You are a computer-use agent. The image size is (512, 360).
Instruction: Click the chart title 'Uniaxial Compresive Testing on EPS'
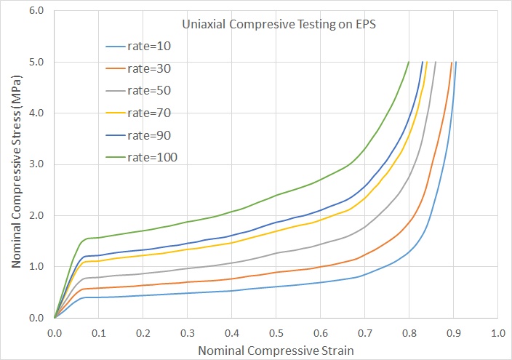point(279,25)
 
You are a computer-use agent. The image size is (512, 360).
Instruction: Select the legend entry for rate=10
point(138,47)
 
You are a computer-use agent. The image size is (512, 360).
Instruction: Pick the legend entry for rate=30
point(138,68)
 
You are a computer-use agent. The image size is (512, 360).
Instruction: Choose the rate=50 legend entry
point(138,90)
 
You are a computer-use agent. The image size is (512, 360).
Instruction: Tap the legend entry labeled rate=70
point(138,113)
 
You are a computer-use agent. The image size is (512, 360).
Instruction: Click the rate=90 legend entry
point(138,135)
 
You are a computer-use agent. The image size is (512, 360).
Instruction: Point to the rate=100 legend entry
point(141,158)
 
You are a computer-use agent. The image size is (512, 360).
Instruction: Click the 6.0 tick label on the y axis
point(36,10)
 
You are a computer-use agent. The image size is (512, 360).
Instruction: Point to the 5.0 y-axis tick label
point(36,62)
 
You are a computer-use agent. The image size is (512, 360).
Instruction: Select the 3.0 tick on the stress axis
point(36,164)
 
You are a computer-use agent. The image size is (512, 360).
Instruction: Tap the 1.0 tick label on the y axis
point(36,267)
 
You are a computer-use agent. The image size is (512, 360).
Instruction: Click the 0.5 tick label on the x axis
point(276,333)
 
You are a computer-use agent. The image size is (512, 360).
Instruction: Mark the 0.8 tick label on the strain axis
point(409,333)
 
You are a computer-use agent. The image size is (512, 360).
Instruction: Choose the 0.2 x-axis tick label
point(143,333)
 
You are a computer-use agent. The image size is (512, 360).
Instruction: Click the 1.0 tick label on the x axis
point(498,333)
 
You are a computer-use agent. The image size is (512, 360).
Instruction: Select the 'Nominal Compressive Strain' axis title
point(276,351)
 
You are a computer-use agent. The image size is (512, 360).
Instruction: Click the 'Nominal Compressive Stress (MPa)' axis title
point(16,172)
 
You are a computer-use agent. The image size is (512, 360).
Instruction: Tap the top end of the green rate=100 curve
point(409,62)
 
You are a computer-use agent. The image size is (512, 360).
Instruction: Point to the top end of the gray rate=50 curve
point(436,62)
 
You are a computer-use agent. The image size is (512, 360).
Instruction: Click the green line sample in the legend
point(115,158)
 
